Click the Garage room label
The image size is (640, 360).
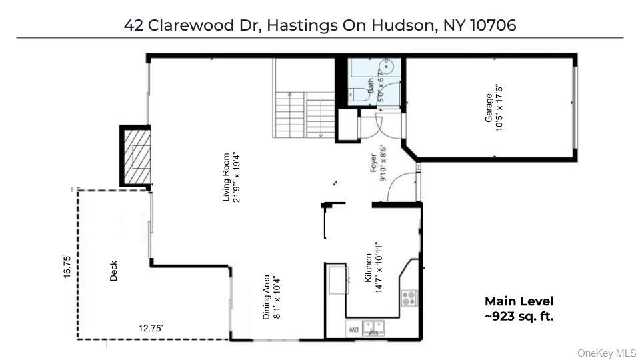tap(489, 107)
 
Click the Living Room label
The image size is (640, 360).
tap(227, 177)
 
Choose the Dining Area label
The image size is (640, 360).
tap(266, 297)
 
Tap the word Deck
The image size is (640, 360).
tap(113, 270)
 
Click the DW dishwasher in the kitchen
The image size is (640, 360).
tap(353, 329)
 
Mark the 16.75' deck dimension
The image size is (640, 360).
tap(67, 267)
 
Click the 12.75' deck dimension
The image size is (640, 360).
tap(151, 328)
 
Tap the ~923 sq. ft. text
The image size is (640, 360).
tap(519, 316)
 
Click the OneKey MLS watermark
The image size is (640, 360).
tap(606, 353)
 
